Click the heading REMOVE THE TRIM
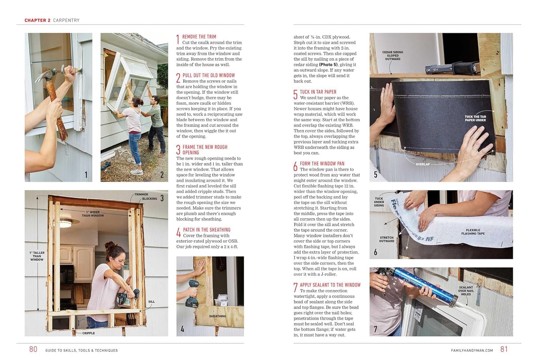199,37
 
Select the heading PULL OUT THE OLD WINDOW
208,75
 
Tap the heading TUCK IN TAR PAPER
318,92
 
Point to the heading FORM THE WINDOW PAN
322,164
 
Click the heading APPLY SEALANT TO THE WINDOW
330,285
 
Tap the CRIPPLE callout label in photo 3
89,333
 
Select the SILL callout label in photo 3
151,302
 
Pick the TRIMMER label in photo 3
141,194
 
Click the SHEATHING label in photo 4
217,316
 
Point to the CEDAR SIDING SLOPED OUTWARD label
392,56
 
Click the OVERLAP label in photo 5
423,164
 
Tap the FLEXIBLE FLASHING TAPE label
473,232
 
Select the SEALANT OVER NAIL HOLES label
466,291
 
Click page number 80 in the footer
33,349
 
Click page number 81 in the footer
504,349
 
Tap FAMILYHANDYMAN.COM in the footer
472,350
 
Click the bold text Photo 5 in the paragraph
328,65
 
